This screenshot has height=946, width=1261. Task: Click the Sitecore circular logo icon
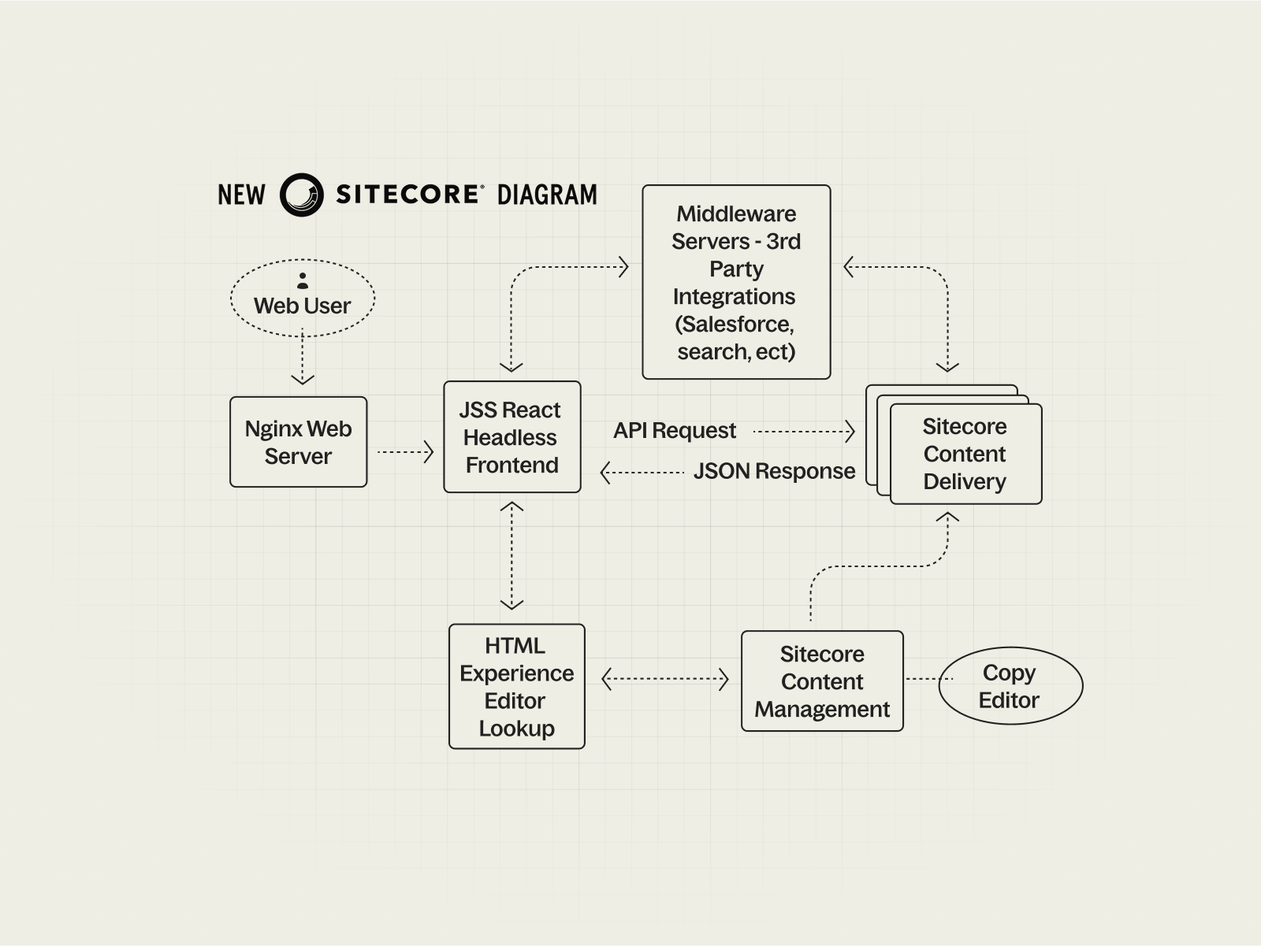pos(302,195)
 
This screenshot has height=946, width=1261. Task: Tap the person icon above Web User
pos(303,280)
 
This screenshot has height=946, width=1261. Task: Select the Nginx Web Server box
pos(299,442)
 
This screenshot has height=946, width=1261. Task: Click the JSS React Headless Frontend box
pos(512,437)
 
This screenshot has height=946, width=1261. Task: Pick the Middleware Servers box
pos(736,282)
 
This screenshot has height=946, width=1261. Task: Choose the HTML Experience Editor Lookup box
pos(517,686)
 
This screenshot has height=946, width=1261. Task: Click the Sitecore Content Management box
pos(822,681)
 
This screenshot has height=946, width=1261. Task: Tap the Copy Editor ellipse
pos(1010,686)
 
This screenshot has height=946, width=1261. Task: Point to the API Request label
pos(675,431)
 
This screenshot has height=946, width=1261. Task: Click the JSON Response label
pos(774,472)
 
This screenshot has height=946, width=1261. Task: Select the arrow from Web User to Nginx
pos(303,358)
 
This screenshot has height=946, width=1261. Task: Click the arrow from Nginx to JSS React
pos(405,452)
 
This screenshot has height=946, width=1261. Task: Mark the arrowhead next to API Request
pos(849,431)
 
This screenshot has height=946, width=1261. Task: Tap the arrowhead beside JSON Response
pos(606,473)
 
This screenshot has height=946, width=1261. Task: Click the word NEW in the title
pos(241,195)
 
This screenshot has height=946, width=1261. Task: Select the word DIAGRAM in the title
pos(547,195)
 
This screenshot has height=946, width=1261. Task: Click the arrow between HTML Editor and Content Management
pos(665,679)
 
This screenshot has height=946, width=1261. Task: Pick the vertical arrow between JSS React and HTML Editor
pos(512,556)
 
